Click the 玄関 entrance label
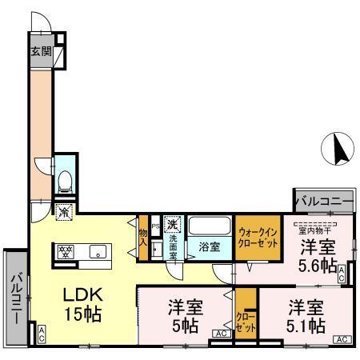pyautogui.click(x=41, y=53)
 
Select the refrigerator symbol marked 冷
pyautogui.click(x=65, y=213)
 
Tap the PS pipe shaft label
pyautogui.click(x=155, y=226)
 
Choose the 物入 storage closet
pyautogui.click(x=143, y=231)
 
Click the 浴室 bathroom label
pyautogui.click(x=210, y=247)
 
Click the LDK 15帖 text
pyautogui.click(x=82, y=303)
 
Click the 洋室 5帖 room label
pyautogui.click(x=184, y=317)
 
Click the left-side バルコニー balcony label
pyautogui.click(x=15, y=298)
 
